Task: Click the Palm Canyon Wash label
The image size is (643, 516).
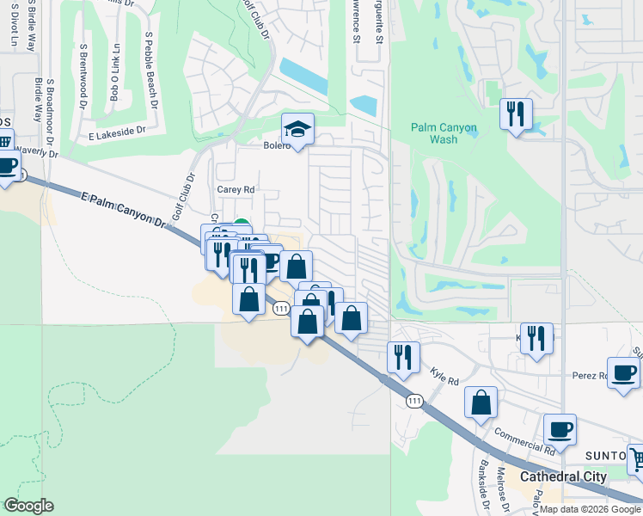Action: click(x=443, y=133)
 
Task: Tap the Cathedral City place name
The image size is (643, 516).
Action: click(x=563, y=476)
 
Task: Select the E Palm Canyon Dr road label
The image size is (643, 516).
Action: click(x=124, y=209)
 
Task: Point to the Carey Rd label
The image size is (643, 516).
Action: click(x=236, y=189)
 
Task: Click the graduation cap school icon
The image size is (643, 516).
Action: click(x=298, y=130)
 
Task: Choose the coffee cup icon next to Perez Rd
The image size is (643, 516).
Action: click(x=623, y=373)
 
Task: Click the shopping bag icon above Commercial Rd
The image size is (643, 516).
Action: click(x=481, y=402)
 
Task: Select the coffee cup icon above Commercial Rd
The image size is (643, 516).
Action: click(x=560, y=430)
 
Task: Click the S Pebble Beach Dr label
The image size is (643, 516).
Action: click(x=152, y=71)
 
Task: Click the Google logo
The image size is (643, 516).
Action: click(x=28, y=506)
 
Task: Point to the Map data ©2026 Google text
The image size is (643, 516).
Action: click(x=589, y=509)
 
